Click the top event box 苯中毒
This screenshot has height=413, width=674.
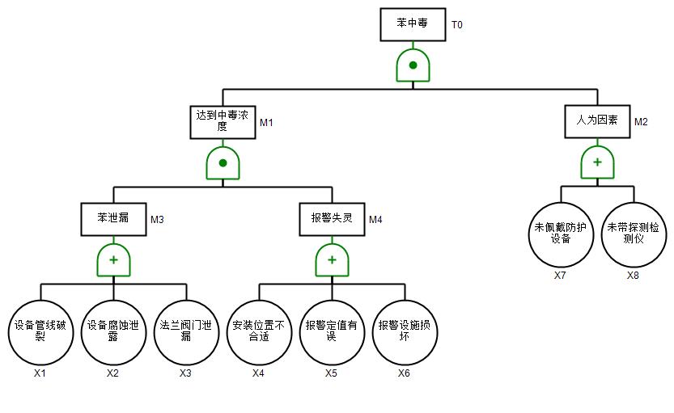click(x=413, y=24)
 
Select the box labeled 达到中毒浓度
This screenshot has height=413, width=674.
click(x=223, y=122)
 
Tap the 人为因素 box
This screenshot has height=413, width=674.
click(x=597, y=121)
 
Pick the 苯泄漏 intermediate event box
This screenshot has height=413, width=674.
click(x=113, y=218)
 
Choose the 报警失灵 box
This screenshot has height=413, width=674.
click(x=332, y=218)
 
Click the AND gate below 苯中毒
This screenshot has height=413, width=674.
click(x=413, y=65)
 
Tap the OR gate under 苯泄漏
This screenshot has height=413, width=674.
click(x=113, y=259)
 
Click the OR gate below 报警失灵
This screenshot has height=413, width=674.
click(x=332, y=259)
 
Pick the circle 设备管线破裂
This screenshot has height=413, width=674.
click(x=40, y=331)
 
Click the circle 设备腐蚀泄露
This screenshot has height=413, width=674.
click(x=113, y=331)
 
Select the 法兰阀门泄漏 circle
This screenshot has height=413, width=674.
click(x=186, y=331)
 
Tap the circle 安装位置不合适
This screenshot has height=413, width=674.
click(x=259, y=331)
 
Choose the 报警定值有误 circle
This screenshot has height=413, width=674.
click(x=332, y=331)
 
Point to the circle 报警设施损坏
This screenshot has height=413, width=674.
click(x=405, y=331)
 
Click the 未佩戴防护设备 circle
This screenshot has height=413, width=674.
click(x=561, y=234)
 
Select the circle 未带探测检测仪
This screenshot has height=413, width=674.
click(x=634, y=234)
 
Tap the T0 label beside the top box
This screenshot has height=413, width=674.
click(x=457, y=25)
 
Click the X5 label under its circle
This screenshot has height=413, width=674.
click(x=332, y=373)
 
